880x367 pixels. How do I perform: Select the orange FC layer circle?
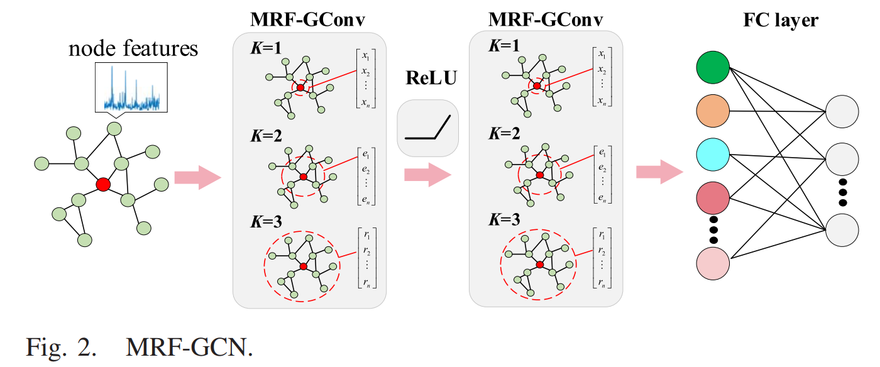point(713,112)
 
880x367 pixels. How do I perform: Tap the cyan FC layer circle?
point(713,155)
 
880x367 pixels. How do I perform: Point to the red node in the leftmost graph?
point(103,184)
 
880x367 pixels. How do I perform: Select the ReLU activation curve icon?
point(429,128)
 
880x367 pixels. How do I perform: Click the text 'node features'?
point(133,48)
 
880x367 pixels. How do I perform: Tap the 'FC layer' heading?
point(781,20)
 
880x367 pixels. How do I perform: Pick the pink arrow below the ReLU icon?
point(428,174)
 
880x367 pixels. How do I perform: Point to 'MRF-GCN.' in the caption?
point(189,346)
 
